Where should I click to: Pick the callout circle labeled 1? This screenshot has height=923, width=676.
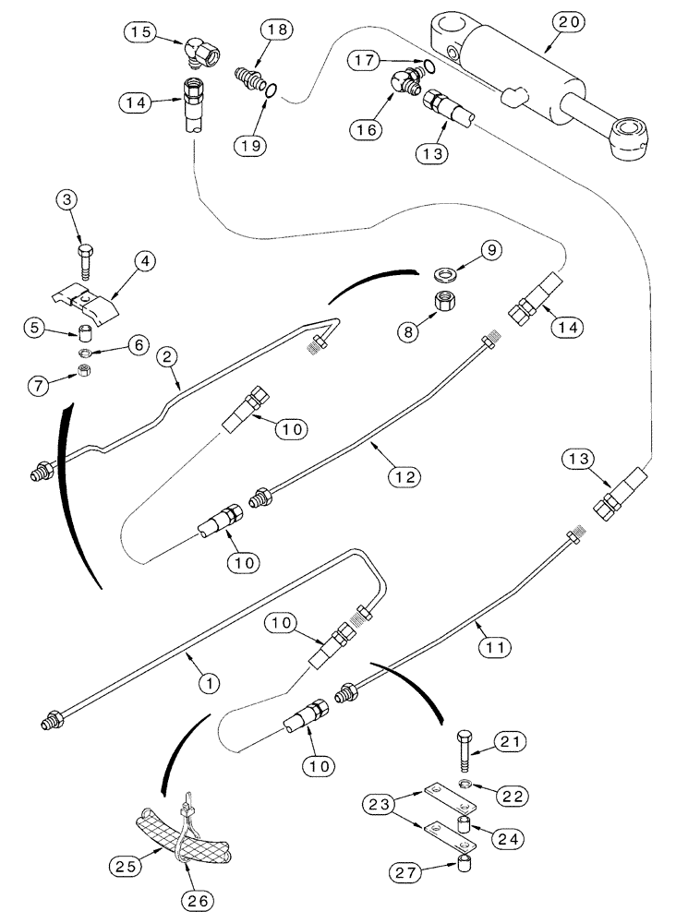click(x=211, y=683)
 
